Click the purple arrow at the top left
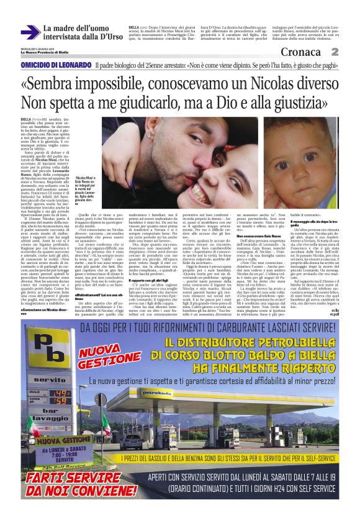(30, 33)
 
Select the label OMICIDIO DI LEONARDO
(56, 65)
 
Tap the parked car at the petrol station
(131, 443)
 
